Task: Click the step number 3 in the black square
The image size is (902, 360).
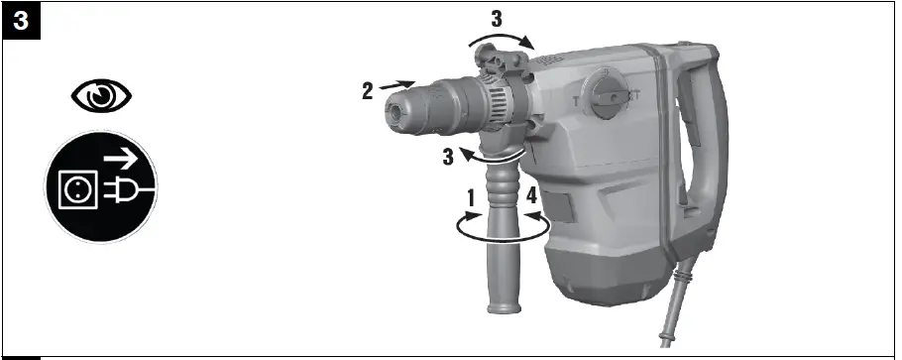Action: click(x=20, y=19)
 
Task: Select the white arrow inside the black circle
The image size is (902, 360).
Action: click(x=123, y=156)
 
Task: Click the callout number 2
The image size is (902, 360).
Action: click(x=367, y=90)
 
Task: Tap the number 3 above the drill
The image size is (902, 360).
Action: click(x=498, y=17)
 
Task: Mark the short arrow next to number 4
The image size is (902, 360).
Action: click(x=532, y=214)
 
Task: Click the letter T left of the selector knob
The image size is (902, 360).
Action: click(x=575, y=100)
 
